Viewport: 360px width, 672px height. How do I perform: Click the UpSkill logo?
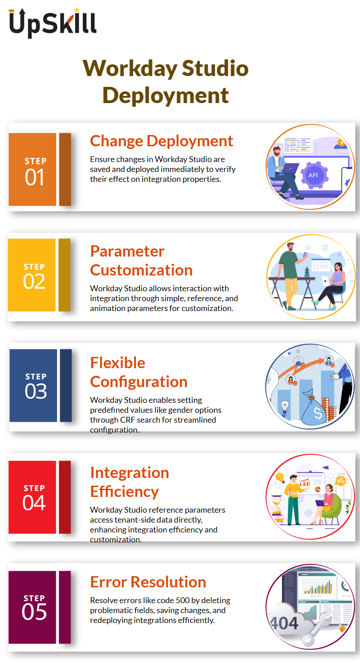point(53,23)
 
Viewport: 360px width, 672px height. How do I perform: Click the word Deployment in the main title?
point(166,95)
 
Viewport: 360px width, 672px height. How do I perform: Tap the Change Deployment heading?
point(162,141)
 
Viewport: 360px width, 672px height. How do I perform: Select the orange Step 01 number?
point(35,177)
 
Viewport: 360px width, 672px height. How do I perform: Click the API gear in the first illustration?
point(313,175)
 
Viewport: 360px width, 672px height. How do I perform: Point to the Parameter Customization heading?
point(141,261)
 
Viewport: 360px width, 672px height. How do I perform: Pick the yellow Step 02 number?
point(34,281)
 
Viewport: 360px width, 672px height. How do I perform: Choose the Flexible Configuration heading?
point(139,372)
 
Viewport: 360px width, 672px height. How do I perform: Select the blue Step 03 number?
point(36,391)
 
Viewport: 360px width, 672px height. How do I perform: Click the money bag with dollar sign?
point(315,407)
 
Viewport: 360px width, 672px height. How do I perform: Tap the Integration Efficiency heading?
point(130,482)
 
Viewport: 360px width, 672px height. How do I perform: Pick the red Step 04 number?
point(34,503)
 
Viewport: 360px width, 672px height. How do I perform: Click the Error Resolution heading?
point(148,582)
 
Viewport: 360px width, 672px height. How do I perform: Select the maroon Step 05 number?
point(34,612)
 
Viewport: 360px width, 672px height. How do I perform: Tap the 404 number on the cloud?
point(284,623)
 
